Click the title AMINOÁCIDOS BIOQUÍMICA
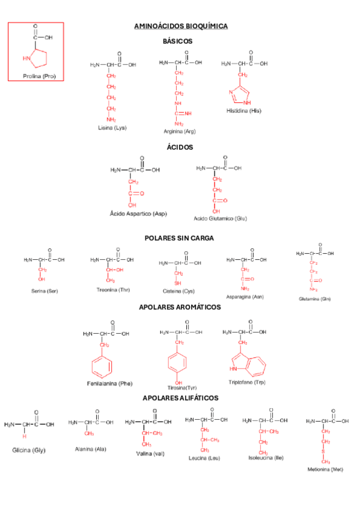point(180,26)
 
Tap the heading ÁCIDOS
point(180,147)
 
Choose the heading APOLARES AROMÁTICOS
point(180,307)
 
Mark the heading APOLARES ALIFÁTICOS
point(180,398)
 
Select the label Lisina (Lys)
point(112,127)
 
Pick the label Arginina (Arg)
point(179,131)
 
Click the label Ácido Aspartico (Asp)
point(138,214)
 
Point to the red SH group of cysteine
point(178,283)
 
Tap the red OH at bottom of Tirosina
point(178,382)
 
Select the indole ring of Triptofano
point(249,364)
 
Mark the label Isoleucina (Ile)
point(262,458)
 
